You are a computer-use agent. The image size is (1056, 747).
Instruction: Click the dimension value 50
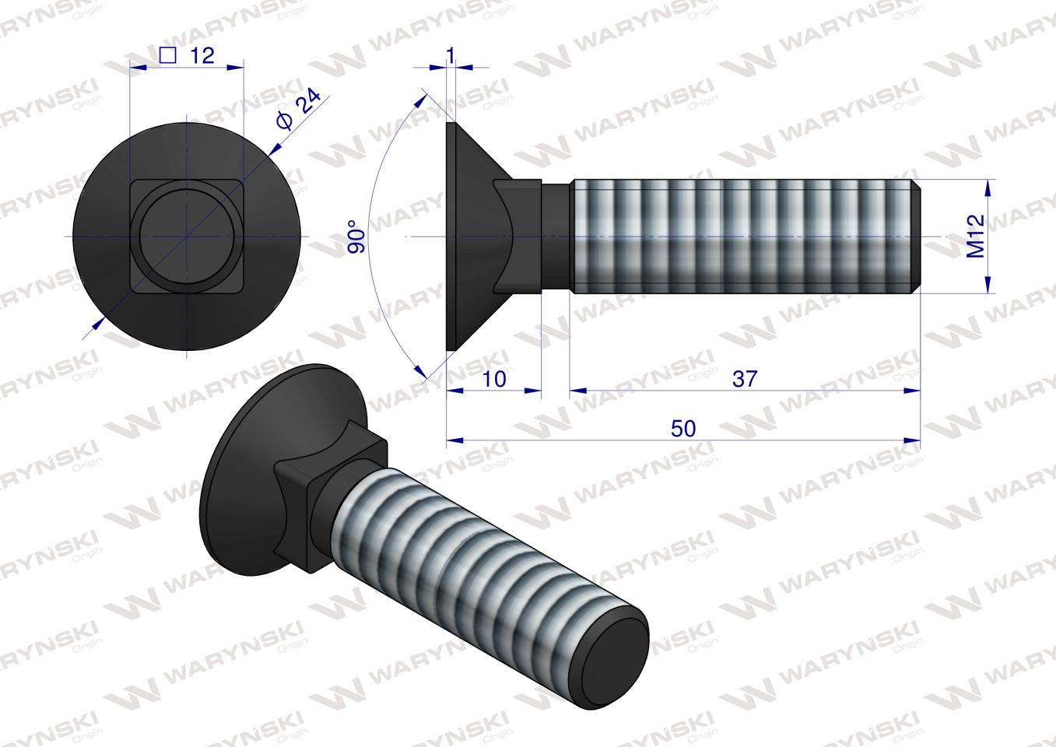coord(682,429)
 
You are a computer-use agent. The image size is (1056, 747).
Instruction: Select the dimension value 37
coord(744,378)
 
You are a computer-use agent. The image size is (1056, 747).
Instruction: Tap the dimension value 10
coord(494,378)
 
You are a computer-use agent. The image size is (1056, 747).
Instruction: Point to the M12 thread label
coord(976,236)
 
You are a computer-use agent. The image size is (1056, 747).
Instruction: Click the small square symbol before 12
coord(166,54)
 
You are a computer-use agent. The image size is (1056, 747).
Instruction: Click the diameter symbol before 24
coord(284,122)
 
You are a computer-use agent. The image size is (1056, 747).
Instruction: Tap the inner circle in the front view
coord(187,236)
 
